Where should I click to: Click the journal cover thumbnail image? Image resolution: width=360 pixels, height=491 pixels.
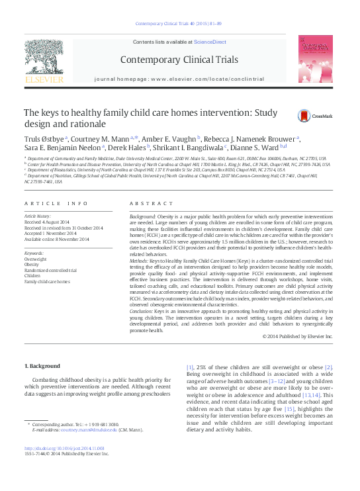coord(315,59)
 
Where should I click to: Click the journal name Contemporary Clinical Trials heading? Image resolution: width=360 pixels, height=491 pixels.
coord(179,60)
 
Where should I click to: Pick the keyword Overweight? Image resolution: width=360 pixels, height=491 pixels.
coord(35,259)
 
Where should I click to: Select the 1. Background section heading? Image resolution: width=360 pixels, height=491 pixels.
coord(42,366)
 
